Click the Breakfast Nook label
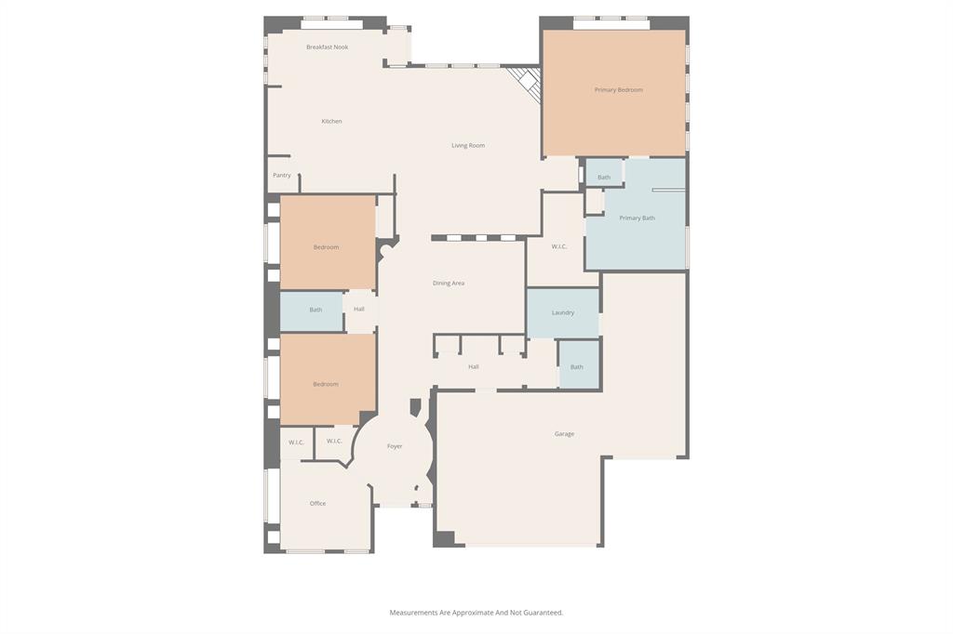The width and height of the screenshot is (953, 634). coord(327,47)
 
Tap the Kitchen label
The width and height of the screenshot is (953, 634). coord(331,122)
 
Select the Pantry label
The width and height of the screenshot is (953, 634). coord(281,176)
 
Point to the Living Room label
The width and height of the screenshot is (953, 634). coord(468,146)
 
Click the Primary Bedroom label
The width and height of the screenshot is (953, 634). coord(618,90)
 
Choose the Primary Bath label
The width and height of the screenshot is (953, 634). coord(637,218)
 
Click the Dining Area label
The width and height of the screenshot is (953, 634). coord(449,284)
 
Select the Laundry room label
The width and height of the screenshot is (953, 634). coord(562,313)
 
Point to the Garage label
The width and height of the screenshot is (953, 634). coord(564,434)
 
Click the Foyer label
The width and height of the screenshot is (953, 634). coord(395,447)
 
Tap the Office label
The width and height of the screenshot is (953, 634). coord(317,504)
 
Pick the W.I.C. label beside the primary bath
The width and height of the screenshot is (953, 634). coord(559,247)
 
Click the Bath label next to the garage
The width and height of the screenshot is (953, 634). coord(577,367)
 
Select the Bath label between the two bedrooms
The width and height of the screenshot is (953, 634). coord(315,310)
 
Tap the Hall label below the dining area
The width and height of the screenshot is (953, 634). coord(473,367)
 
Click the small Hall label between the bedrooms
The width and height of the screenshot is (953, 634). coord(358,310)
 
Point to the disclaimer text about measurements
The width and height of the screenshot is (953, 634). coord(476,613)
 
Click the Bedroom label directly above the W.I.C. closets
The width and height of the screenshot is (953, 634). coord(326,385)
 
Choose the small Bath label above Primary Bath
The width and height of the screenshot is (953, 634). coord(604,178)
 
